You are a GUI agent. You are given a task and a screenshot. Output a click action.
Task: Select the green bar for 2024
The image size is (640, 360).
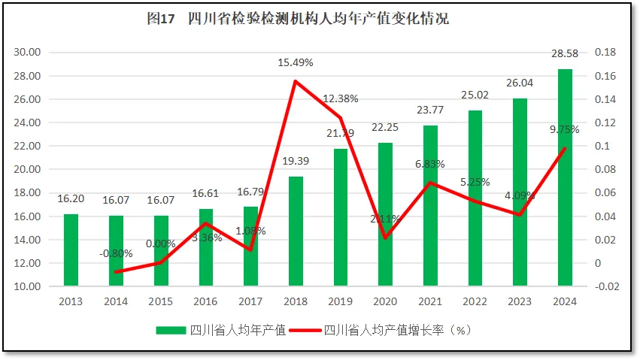pyautogui.click(x=565, y=177)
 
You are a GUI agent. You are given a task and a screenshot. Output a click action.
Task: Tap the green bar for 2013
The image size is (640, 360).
pyautogui.click(x=71, y=250)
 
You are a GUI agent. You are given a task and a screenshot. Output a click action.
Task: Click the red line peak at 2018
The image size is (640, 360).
pyautogui.click(x=296, y=81)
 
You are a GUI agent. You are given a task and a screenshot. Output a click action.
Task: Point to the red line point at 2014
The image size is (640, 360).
pyautogui.click(x=116, y=272)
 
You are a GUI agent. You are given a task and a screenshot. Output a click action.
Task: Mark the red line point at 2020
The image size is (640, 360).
pyautogui.click(x=385, y=238)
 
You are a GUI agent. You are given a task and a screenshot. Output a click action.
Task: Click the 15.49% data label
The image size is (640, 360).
pyautogui.click(x=296, y=62)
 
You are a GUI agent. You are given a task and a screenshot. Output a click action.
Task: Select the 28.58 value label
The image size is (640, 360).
pyautogui.click(x=565, y=56)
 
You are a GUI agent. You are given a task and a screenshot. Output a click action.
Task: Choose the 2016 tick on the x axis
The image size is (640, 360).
pyautogui.click(x=205, y=301)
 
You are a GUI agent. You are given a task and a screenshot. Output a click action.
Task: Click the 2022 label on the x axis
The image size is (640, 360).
pyautogui.click(x=475, y=301)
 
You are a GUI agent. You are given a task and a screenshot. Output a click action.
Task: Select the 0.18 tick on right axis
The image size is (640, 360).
pyautogui.click(x=605, y=53)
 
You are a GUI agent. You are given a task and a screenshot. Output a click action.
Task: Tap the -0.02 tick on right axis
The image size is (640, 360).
pyautogui.click(x=606, y=286)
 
